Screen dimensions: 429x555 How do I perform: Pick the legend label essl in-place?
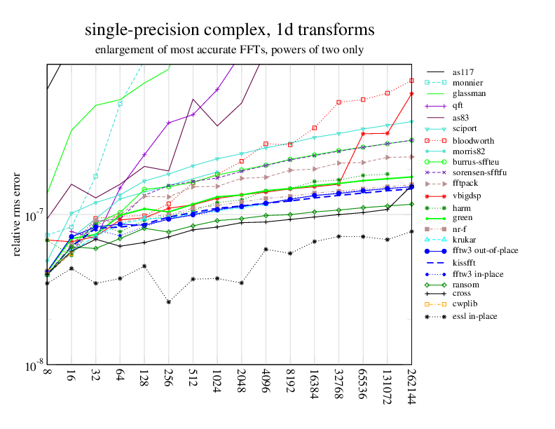[474, 316]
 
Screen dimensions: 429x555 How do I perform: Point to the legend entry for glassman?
[469, 93]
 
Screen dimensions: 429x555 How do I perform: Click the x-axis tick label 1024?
[217, 383]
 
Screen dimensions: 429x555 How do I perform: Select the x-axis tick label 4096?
[266, 383]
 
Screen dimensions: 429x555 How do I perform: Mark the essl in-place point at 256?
[169, 301]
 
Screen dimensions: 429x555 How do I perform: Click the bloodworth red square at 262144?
[411, 81]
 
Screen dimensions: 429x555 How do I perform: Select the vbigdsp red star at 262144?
[411, 94]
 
